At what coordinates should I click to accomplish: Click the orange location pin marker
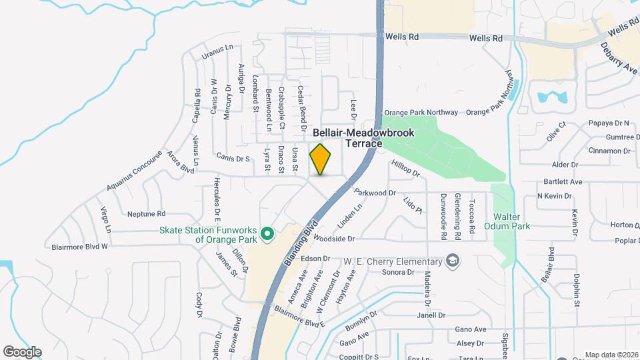(x=321, y=159)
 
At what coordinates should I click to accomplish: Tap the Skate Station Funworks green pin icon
(x=267, y=233)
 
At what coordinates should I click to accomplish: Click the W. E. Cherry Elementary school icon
(x=453, y=260)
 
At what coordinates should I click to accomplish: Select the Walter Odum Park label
(x=511, y=221)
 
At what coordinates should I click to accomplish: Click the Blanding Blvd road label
(x=301, y=243)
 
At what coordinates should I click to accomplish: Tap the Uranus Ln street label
(x=217, y=48)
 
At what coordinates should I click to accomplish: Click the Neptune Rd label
(x=146, y=214)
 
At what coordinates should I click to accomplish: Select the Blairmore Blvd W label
(x=79, y=247)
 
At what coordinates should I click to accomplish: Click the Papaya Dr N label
(x=609, y=123)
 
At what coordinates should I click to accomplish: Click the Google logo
(x=22, y=351)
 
